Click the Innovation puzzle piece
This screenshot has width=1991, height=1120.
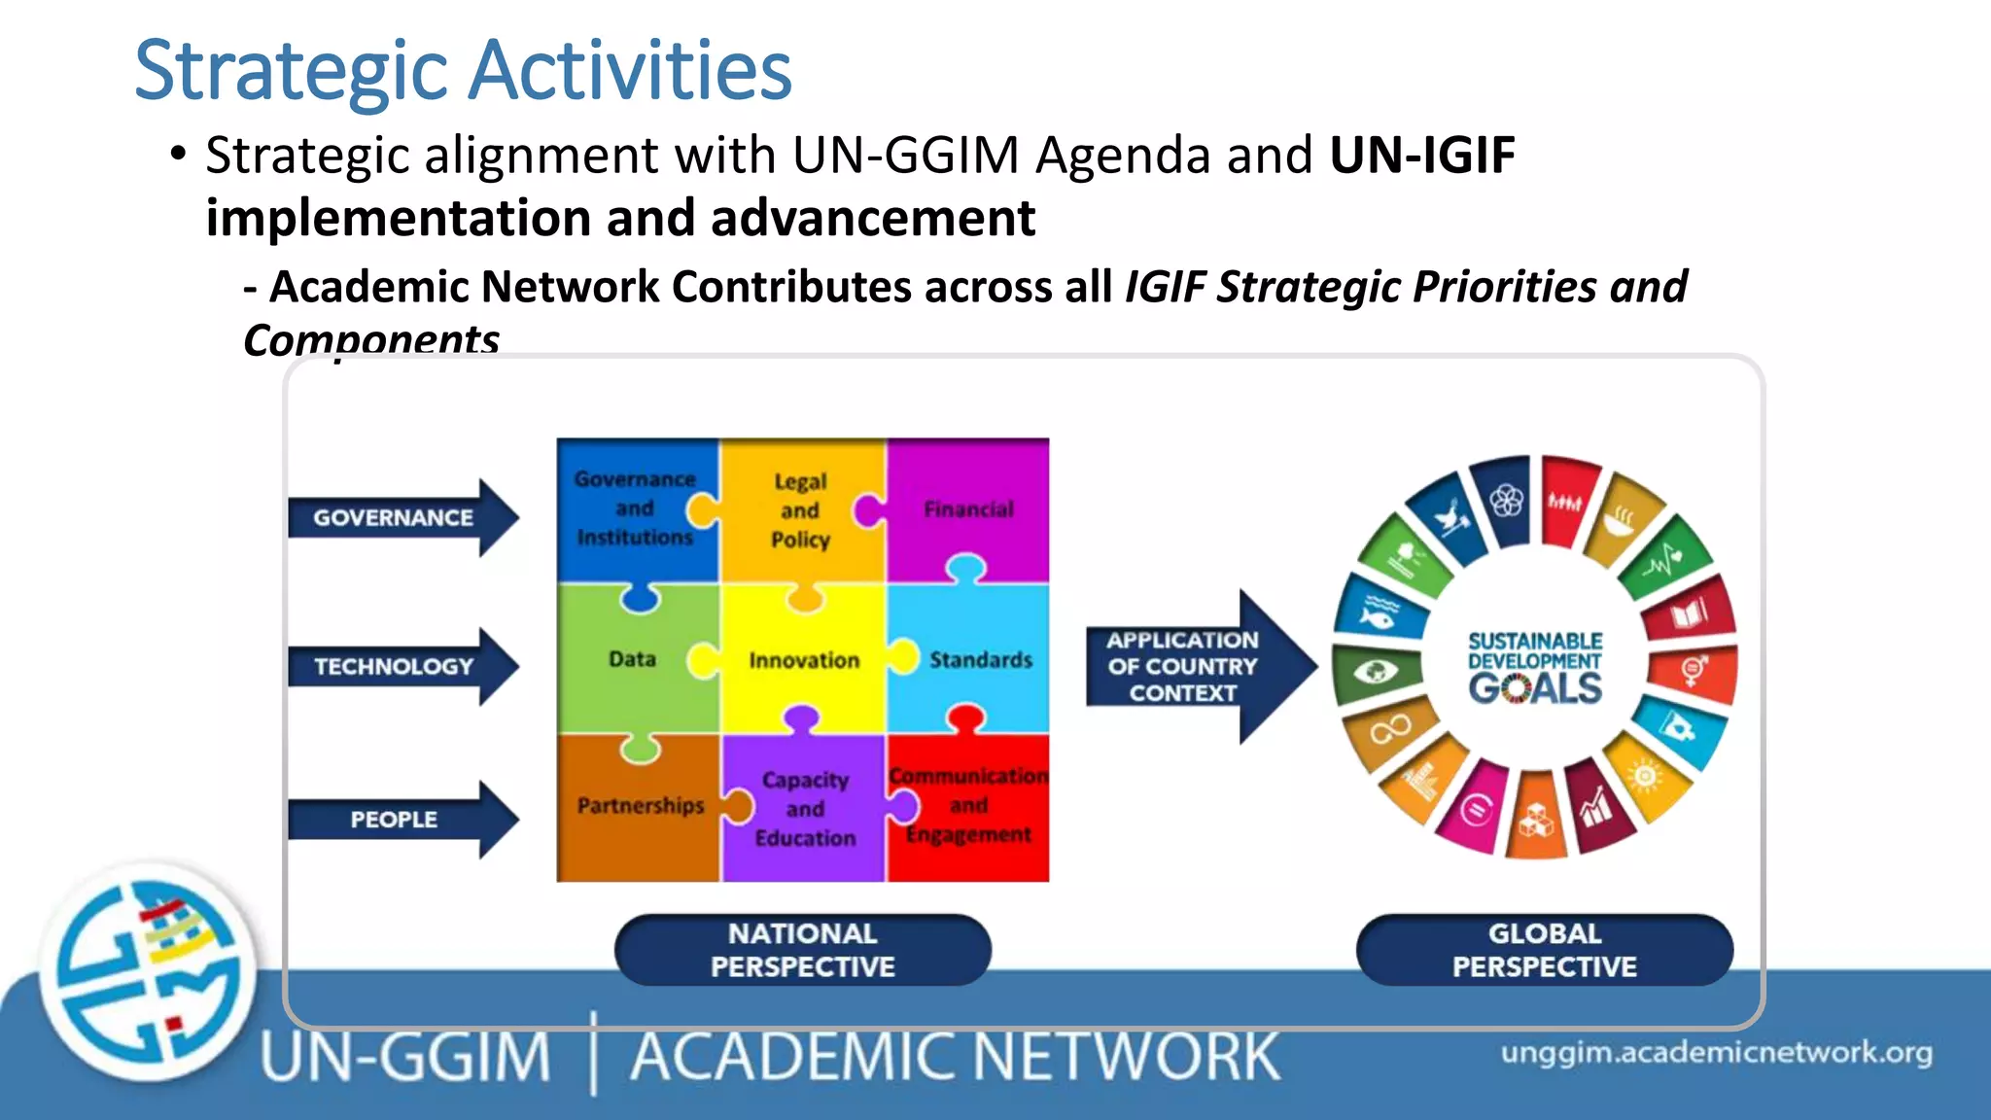[804, 661]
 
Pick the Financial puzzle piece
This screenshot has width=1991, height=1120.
[968, 508]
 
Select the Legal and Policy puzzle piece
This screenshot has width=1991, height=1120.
[800, 510]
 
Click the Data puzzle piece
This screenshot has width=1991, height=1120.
[632, 659]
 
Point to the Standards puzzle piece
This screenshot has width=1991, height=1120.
[980, 660]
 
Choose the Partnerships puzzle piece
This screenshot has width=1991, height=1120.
[640, 806]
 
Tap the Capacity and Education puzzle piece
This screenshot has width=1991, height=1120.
[805, 809]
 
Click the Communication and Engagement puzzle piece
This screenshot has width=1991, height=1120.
[969, 806]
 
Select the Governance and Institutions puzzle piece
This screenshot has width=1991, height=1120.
[635, 507]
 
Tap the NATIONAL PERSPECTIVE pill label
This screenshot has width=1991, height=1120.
[802, 950]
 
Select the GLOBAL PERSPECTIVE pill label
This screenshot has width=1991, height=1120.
[1544, 950]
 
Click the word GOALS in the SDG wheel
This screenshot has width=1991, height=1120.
[1535, 688]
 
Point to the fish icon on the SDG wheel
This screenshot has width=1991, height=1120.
[1377, 614]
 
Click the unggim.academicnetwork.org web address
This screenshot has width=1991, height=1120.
[1716, 1053]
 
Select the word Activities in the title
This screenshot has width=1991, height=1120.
[632, 70]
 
